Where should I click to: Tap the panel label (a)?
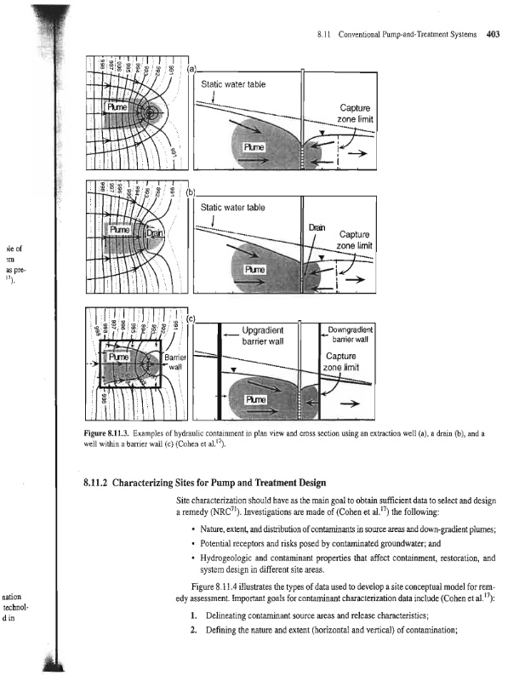click(191, 67)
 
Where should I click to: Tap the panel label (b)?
click(191, 190)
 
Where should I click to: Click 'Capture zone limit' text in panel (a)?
click(351, 114)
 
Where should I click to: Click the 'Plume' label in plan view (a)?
click(117, 106)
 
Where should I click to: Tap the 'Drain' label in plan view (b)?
click(154, 233)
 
